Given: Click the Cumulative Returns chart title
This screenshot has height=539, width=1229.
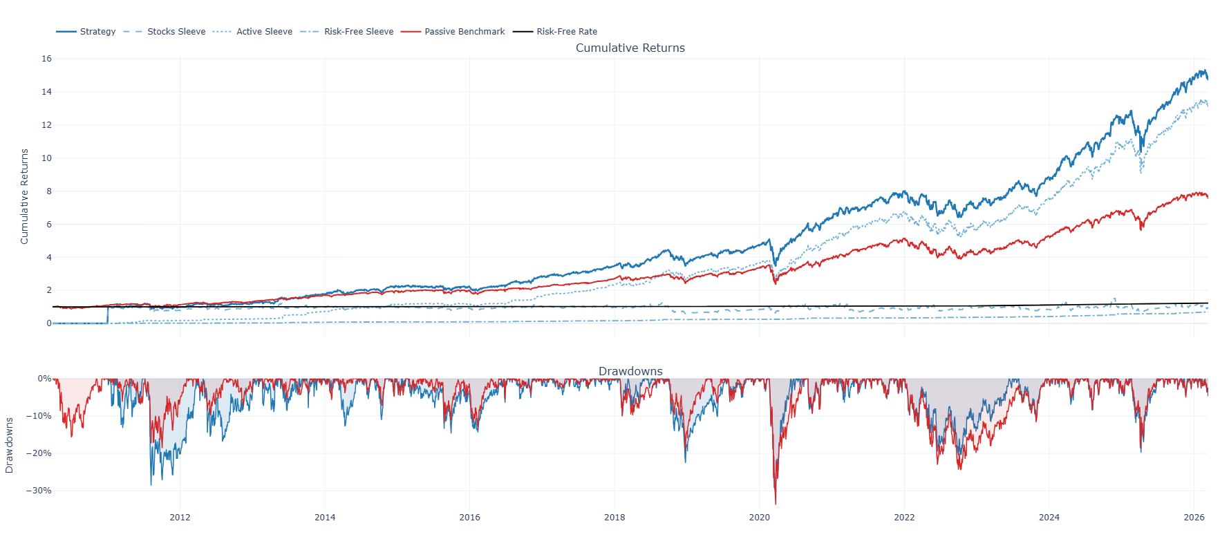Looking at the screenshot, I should (x=630, y=48).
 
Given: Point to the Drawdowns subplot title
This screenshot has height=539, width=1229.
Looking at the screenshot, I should (x=630, y=372).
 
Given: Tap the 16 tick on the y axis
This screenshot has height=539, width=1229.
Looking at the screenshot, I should (x=46, y=59).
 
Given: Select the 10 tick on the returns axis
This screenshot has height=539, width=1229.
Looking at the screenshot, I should (x=46, y=158).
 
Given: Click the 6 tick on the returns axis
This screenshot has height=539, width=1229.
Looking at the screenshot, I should (x=48, y=225).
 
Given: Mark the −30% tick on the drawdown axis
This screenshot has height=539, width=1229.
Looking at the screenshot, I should (x=39, y=491).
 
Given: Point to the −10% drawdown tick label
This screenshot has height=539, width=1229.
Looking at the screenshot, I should (x=39, y=416).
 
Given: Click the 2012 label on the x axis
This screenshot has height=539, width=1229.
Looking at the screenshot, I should (x=180, y=518).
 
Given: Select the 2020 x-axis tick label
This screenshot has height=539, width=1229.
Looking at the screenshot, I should (x=759, y=518).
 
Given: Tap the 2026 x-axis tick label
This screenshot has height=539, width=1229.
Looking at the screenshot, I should (x=1194, y=518).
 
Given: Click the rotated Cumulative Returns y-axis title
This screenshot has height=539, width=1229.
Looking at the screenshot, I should (x=25, y=196).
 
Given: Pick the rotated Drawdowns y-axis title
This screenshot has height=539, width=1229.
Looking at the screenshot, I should (x=10, y=446).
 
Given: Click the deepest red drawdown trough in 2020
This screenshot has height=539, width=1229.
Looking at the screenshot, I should (x=776, y=504).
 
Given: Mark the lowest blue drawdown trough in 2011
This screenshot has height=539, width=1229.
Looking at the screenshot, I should (x=151, y=484).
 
